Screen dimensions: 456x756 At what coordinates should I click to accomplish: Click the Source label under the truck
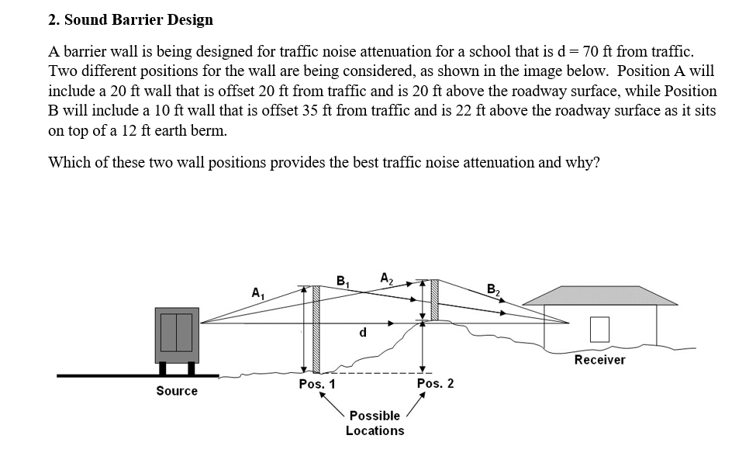pyautogui.click(x=177, y=391)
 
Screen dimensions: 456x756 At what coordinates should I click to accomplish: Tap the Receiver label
pyautogui.click(x=599, y=360)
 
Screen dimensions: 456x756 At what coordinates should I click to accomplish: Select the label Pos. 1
pyautogui.click(x=317, y=384)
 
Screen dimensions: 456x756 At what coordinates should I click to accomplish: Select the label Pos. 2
pyautogui.click(x=435, y=383)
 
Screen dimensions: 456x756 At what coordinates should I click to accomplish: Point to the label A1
pyautogui.click(x=257, y=293)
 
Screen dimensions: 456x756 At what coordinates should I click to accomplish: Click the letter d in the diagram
pyautogui.click(x=362, y=333)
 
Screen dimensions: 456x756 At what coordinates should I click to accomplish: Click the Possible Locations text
pyautogui.click(x=375, y=423)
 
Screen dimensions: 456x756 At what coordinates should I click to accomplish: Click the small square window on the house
pyautogui.click(x=599, y=330)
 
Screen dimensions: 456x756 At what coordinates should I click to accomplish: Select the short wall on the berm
pyautogui.click(x=434, y=299)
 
